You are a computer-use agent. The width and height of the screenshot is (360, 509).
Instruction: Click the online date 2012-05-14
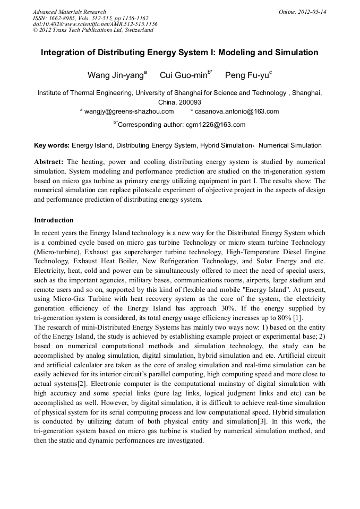[x=311, y=12]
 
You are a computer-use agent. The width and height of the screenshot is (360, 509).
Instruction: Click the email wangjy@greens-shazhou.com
[x=129, y=111]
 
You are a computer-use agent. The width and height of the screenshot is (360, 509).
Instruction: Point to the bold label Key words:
[x=52, y=145]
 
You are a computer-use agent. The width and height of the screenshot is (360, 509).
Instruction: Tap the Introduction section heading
[x=54, y=220]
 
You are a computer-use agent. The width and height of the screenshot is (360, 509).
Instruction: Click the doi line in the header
[x=95, y=24]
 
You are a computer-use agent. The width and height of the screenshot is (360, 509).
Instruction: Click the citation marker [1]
[x=298, y=317]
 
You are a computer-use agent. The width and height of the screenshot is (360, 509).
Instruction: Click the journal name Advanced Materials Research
[x=69, y=12]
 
